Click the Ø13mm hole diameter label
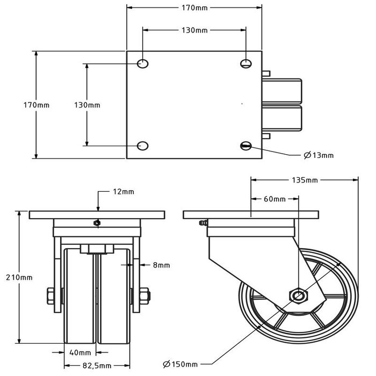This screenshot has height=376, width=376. [319, 155]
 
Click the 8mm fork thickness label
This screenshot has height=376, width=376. [161, 265]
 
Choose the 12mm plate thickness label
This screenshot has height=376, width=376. [124, 191]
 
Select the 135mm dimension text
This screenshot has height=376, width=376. [306, 180]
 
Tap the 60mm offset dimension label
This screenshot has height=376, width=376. [274, 199]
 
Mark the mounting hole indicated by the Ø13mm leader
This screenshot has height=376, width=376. [246, 145]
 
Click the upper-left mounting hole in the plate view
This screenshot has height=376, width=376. [143, 64]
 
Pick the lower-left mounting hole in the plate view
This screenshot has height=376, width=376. [143, 145]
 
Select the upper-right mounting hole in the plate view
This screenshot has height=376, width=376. [246, 64]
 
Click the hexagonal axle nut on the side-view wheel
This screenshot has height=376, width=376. [297, 294]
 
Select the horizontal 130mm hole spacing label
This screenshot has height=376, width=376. [193, 31]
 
